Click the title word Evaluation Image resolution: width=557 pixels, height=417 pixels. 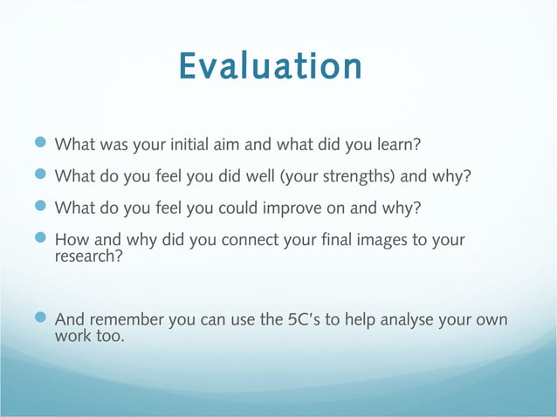tap(271, 66)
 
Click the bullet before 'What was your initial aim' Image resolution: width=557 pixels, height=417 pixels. tap(43, 142)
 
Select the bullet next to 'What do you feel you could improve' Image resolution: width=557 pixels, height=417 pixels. tap(43, 208)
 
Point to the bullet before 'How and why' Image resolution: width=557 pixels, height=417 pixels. tap(43, 239)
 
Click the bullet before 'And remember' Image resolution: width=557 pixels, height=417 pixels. tap(43, 319)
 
